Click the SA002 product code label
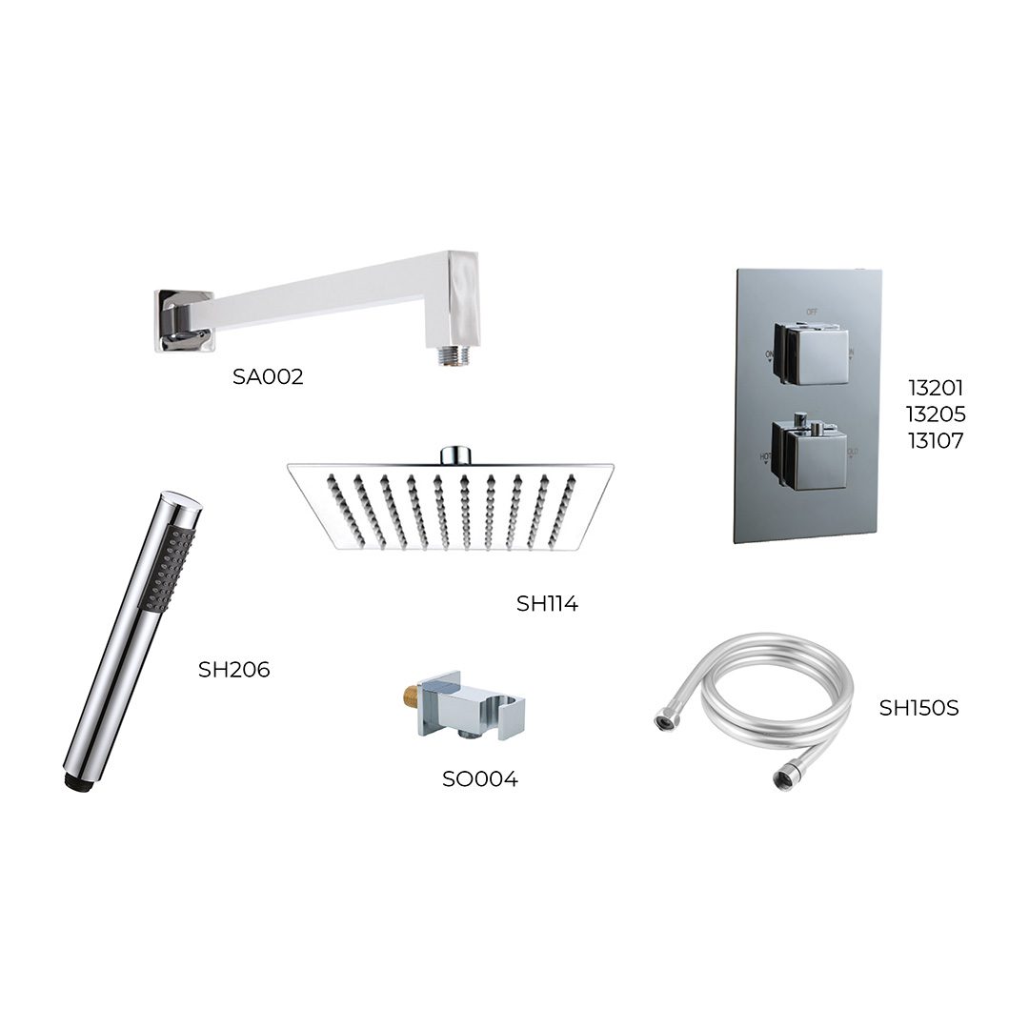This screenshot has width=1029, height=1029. tap(268, 376)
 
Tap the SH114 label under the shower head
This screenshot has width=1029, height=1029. tap(547, 603)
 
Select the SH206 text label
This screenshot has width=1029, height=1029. tap(233, 670)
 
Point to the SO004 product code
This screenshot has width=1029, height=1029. tap(479, 779)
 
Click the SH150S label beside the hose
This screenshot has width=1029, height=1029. tap(918, 708)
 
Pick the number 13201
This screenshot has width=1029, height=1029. tap(936, 388)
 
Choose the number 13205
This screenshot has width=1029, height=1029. tap(936, 414)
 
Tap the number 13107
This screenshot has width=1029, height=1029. tap(936, 440)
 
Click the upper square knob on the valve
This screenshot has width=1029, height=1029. tap(812, 353)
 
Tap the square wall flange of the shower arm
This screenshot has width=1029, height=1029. tap(183, 320)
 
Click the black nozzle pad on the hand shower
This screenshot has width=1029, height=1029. tap(167, 567)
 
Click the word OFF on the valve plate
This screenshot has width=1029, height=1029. tap(812, 312)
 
